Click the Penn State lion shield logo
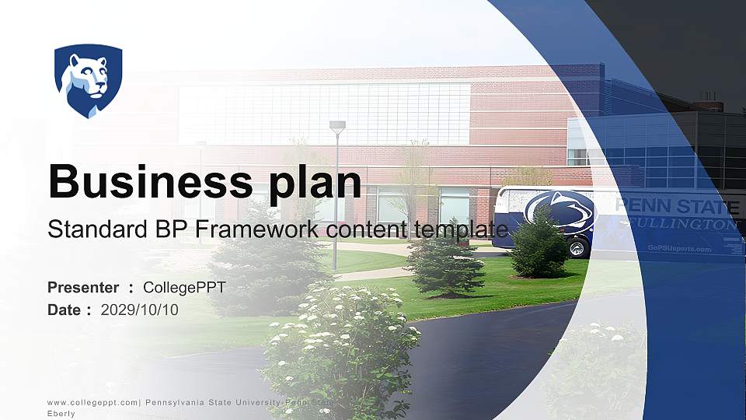point(88,80)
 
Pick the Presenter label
point(83,288)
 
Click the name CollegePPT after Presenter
point(184,288)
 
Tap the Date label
point(64,310)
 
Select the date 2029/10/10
point(140,310)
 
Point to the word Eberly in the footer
point(61,414)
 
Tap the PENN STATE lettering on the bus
point(676,207)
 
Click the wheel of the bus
point(577,248)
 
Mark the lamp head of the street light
point(337,124)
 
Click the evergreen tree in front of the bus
point(539,245)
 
